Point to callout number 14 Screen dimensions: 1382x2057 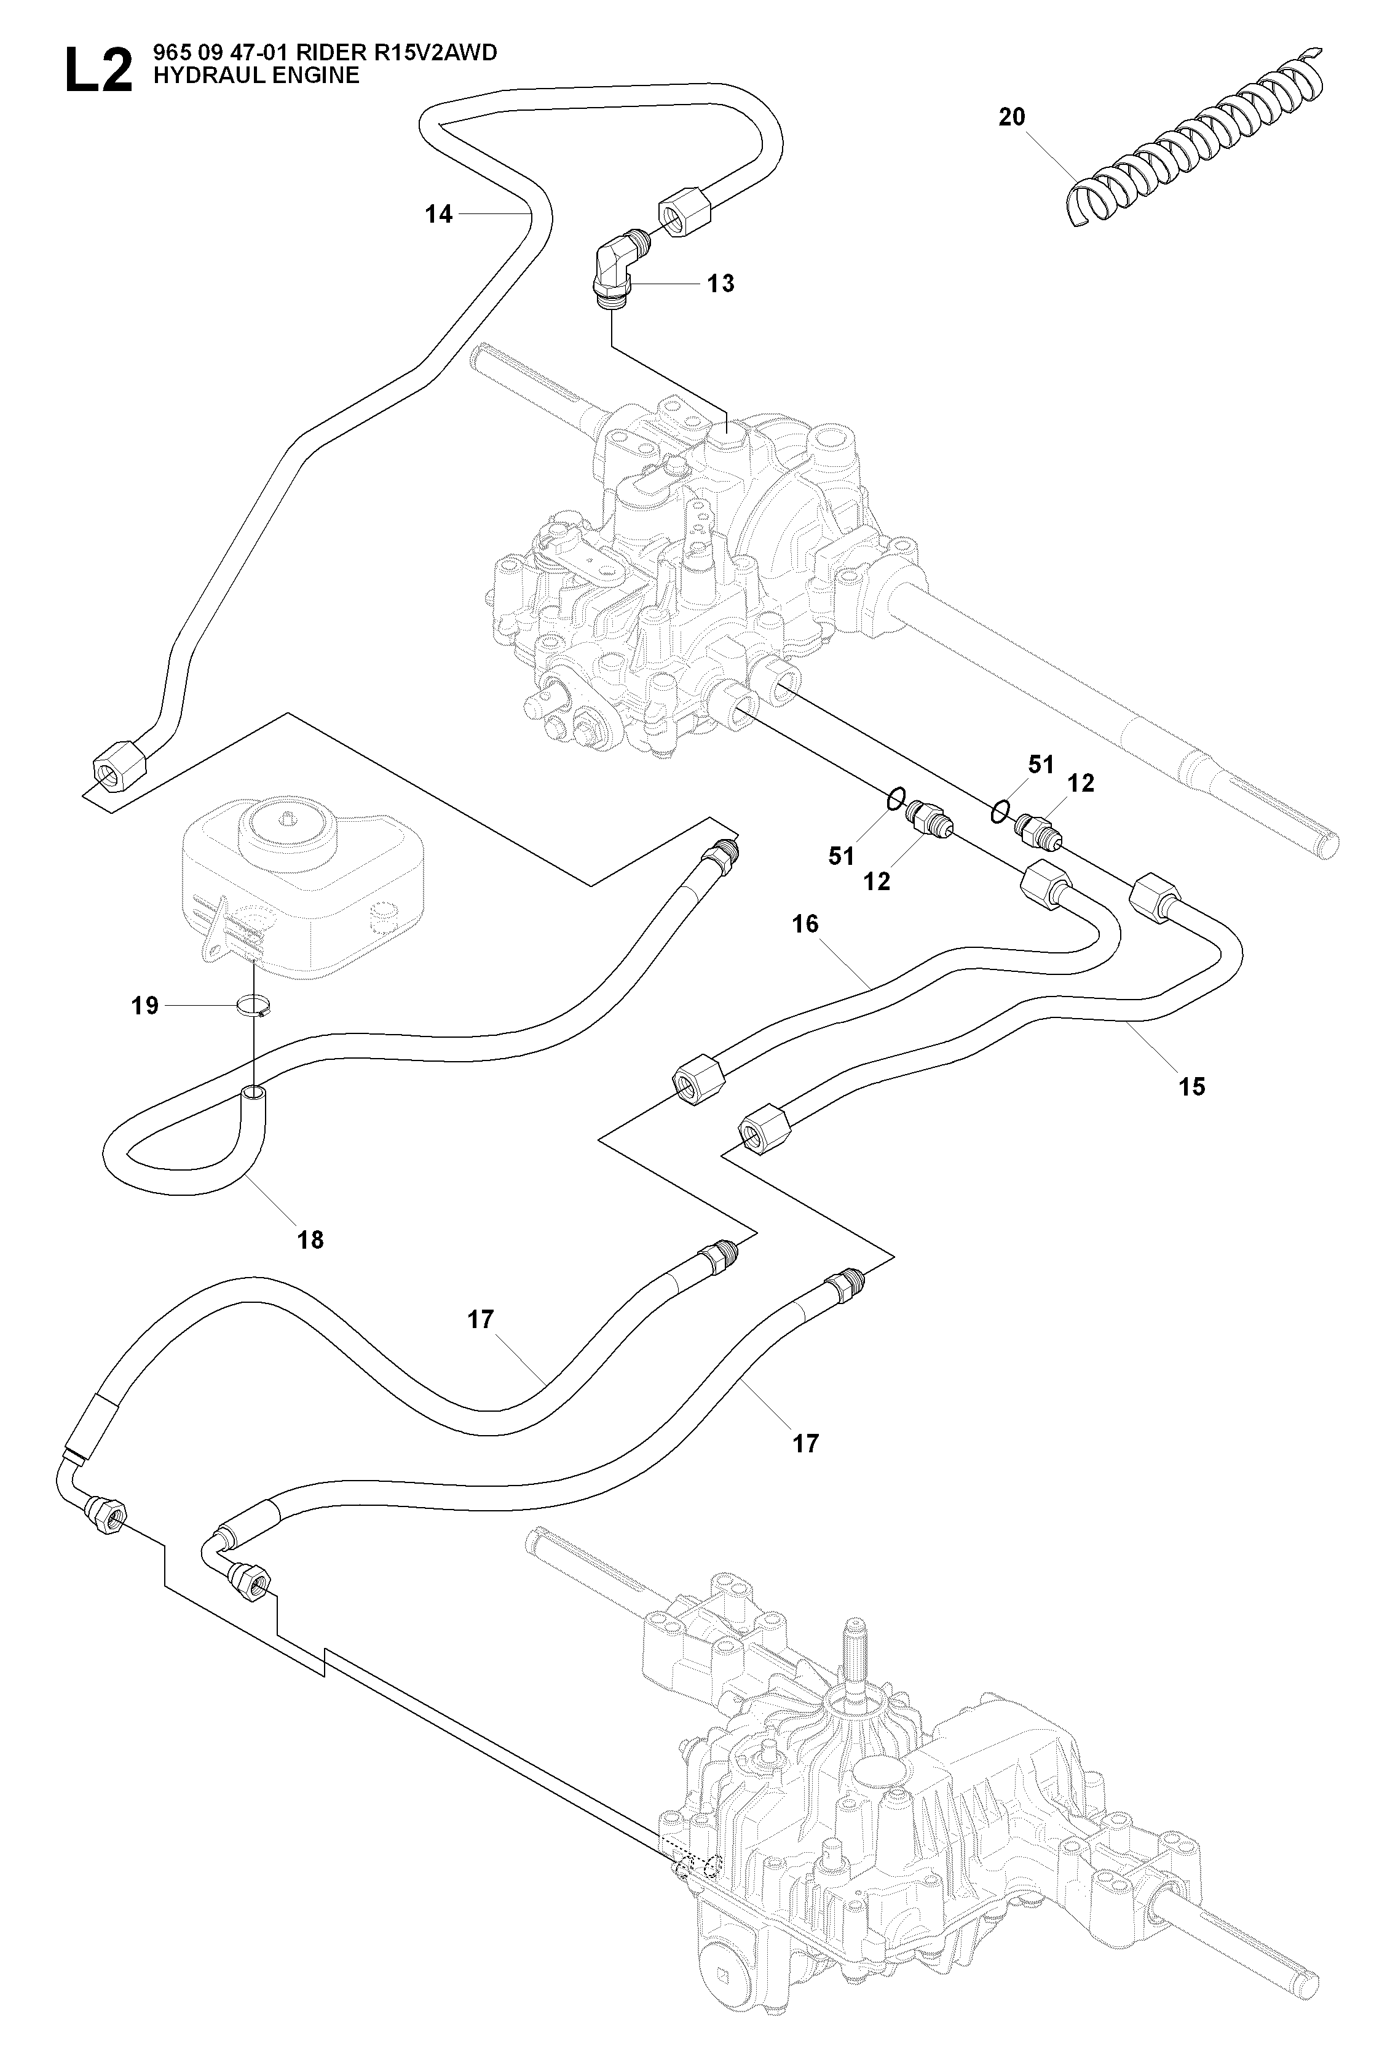pos(438,214)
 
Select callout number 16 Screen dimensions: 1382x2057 pos(805,924)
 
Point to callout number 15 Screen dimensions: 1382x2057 pos(1191,1086)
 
